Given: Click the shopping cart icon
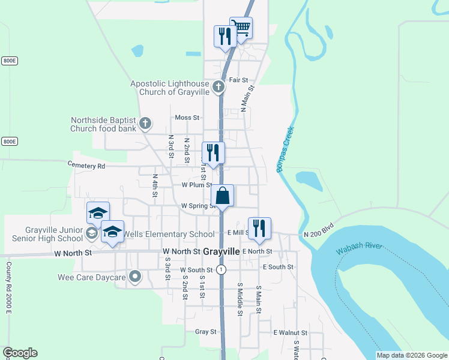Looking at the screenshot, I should [x=241, y=28].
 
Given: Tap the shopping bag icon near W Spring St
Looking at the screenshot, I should [x=222, y=196].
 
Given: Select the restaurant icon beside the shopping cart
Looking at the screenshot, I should [x=225, y=36].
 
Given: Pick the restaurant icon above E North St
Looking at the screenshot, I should [x=259, y=229].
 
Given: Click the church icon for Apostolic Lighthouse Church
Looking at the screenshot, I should [x=219, y=88].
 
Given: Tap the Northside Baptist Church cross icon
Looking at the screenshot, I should [x=145, y=124].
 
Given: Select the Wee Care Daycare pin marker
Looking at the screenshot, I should [x=135, y=277].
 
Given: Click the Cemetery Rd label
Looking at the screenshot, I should [x=86, y=165].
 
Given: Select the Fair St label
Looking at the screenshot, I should [x=238, y=80].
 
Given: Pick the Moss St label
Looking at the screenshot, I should [x=187, y=118].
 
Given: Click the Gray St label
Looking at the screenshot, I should [x=205, y=331].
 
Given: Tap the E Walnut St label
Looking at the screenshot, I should [x=290, y=332].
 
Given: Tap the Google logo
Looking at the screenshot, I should [x=20, y=353].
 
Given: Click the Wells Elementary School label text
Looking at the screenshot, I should [x=169, y=234].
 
